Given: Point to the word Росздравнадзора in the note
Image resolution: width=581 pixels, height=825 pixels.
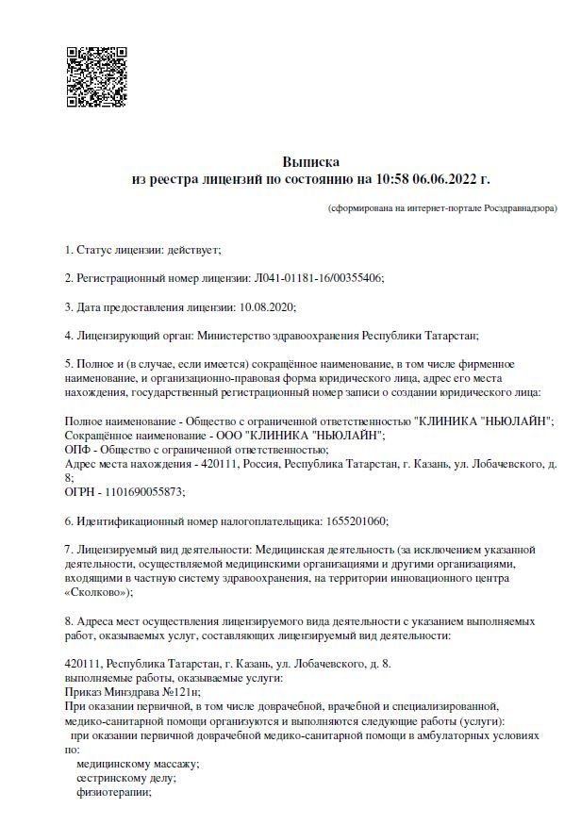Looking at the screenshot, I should [x=517, y=207].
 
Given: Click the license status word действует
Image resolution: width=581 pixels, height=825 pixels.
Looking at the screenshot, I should [x=192, y=250].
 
